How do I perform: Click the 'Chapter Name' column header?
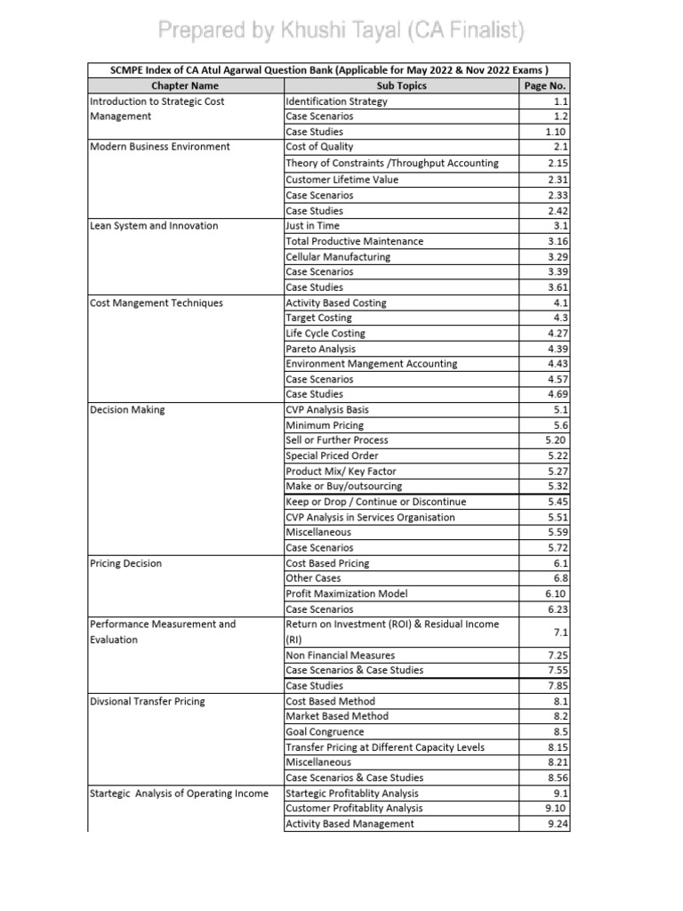185,86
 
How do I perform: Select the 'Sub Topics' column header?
401,86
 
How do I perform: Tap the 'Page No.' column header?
545,86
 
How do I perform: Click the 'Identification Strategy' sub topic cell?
336,101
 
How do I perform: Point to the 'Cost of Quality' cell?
323,148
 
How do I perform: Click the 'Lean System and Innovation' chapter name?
154,226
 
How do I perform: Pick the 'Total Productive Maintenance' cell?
354,241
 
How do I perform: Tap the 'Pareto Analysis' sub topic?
320,349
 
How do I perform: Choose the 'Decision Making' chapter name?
127,410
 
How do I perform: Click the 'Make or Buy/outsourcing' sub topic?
343,487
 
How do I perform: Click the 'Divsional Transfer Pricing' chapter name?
148,702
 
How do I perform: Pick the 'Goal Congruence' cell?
325,732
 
